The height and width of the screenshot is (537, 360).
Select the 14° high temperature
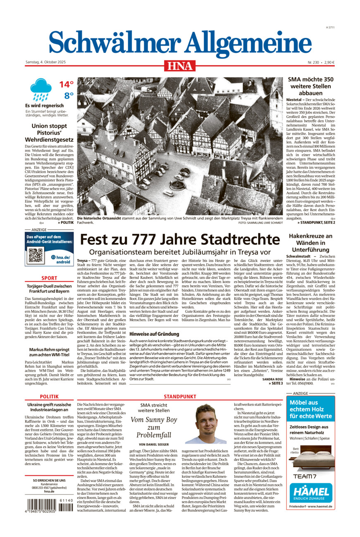coord(66,85)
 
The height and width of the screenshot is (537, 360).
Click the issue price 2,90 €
coord(329,62)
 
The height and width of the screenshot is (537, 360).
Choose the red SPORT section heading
coord(49,278)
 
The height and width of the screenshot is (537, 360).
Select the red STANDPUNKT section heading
coord(179,396)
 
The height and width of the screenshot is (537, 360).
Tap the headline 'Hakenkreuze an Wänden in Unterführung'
coord(310,243)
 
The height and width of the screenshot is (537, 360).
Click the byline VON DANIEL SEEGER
coord(154,444)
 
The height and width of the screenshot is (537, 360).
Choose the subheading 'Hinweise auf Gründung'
coord(154,333)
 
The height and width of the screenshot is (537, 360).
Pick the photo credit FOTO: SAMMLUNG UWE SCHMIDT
coord(260,223)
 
